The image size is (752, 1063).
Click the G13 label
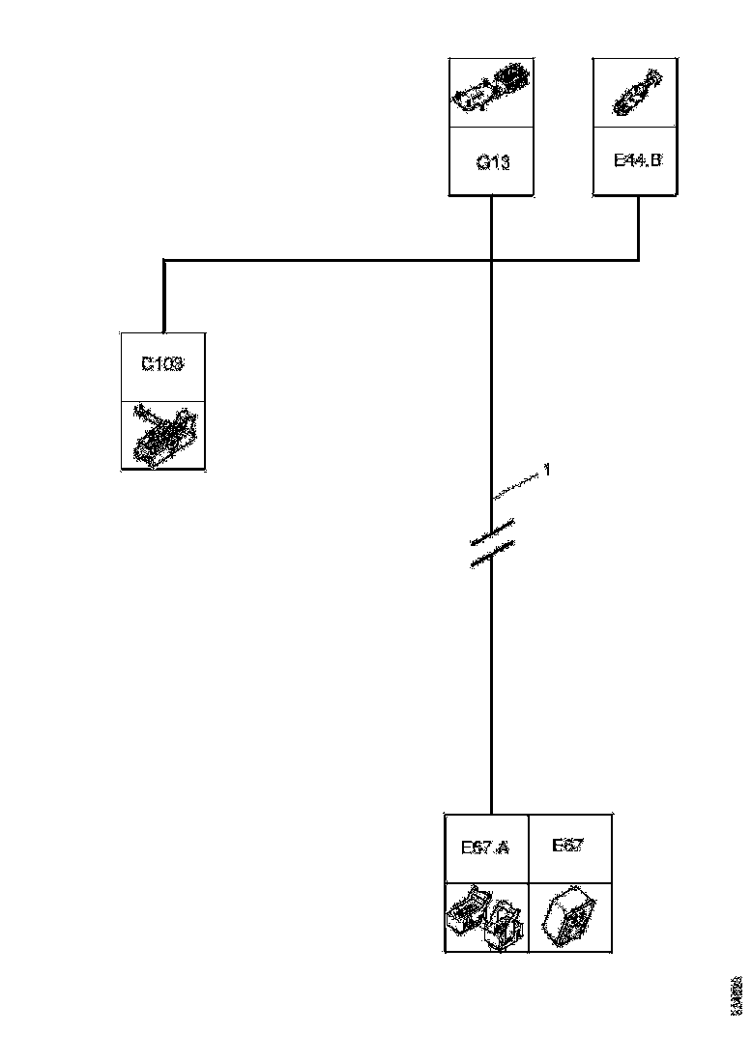(492, 162)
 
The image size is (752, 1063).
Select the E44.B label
(638, 160)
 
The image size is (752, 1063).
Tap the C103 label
(162, 364)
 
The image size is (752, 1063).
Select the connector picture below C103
(162, 435)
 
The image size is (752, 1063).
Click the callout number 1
(547, 470)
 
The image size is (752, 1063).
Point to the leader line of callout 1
(517, 485)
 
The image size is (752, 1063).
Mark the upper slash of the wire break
(493, 531)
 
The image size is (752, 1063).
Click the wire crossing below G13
(492, 260)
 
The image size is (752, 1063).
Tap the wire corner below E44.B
(638, 260)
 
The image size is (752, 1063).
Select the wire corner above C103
(164, 260)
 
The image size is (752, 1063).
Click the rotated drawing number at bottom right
(737, 995)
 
